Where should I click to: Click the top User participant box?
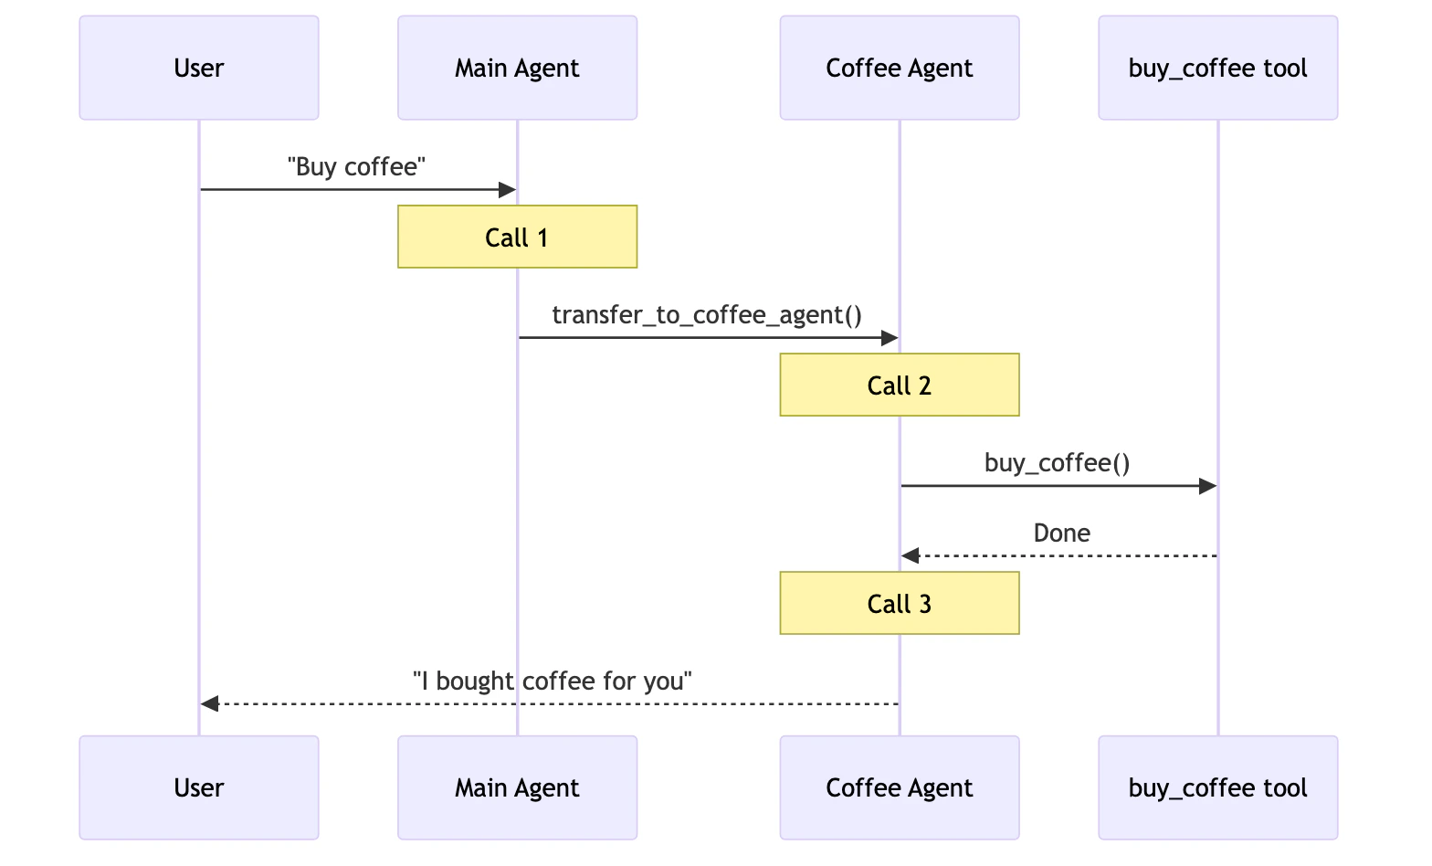pyautogui.click(x=199, y=68)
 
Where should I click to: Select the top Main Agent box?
pyautogui.click(x=517, y=68)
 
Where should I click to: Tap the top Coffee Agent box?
pyautogui.click(x=899, y=68)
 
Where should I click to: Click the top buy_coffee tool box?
pyautogui.click(x=1217, y=68)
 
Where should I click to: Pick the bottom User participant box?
pyautogui.click(x=199, y=787)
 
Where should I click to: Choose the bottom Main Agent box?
pyautogui.click(x=517, y=787)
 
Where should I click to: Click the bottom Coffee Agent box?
pyautogui.click(x=899, y=787)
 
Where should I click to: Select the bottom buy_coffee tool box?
pyautogui.click(x=1217, y=787)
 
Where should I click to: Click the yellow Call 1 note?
pyautogui.click(x=517, y=238)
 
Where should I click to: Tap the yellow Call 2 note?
pyautogui.click(x=899, y=385)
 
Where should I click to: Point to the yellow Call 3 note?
pyautogui.click(x=899, y=604)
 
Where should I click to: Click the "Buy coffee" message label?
pyautogui.click(x=357, y=167)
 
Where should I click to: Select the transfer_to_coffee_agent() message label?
pyautogui.click(x=707, y=315)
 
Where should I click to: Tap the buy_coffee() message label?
pyautogui.click(x=1058, y=463)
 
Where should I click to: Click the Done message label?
pyautogui.click(x=1061, y=533)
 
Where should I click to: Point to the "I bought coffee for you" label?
pyautogui.click(x=553, y=681)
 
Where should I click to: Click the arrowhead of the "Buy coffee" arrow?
pyautogui.click(x=507, y=190)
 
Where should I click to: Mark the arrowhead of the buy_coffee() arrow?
pyautogui.click(x=1207, y=486)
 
